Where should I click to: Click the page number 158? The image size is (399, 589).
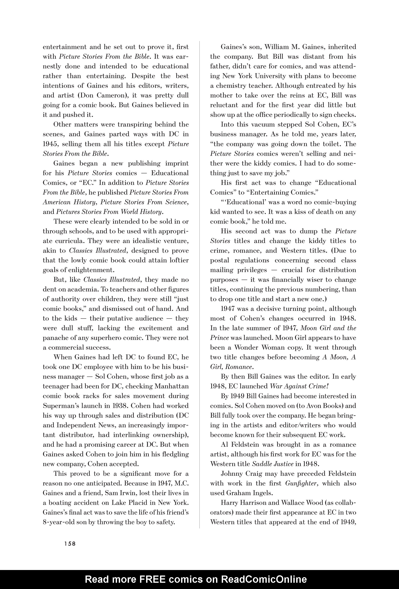point(70,544)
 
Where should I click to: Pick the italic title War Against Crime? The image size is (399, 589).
point(299,386)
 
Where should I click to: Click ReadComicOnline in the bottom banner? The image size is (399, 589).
point(264,579)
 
